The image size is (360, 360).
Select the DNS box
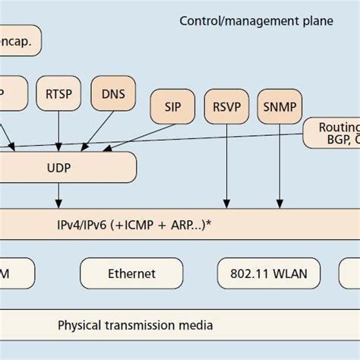(112, 94)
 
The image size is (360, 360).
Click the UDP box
(68, 166)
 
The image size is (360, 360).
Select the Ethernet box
(131, 273)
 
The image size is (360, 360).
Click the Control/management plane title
(256, 21)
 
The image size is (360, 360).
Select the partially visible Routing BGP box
(331, 132)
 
